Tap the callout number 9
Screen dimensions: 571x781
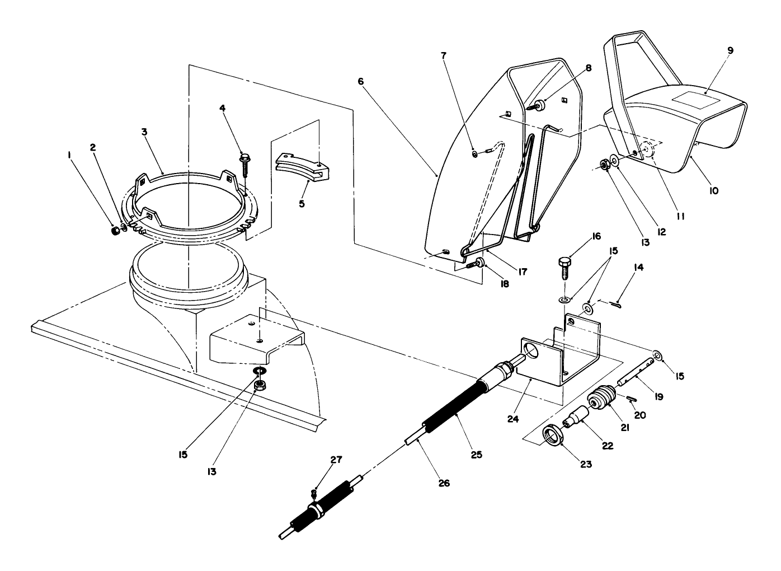(730, 50)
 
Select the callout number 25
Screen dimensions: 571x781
(476, 455)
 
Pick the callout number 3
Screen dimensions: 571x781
(144, 133)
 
